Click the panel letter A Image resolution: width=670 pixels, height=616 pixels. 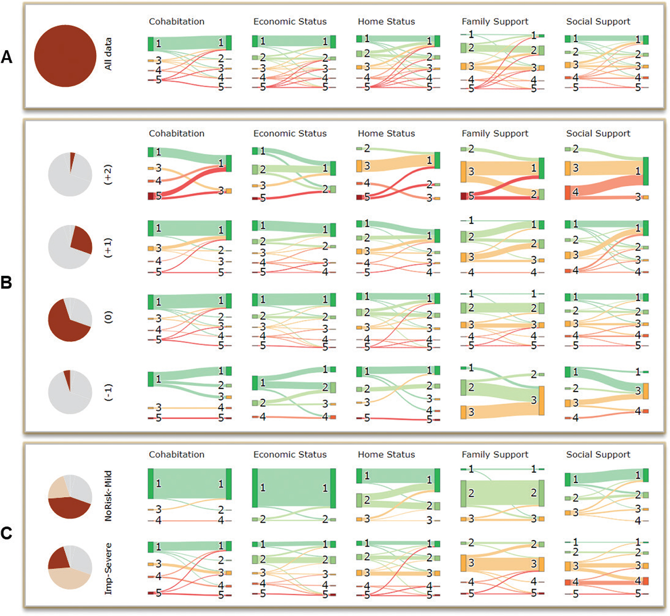(7, 57)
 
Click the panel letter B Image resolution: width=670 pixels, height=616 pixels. (7, 282)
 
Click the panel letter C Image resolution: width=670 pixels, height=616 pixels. (7, 533)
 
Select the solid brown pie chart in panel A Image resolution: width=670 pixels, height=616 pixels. (65, 56)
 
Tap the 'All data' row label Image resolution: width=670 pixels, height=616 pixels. (108, 54)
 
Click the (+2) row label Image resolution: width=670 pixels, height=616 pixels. (108, 175)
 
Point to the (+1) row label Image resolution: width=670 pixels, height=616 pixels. (108, 247)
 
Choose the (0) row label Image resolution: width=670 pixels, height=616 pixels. (108, 317)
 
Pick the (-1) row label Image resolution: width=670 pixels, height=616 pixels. (108, 392)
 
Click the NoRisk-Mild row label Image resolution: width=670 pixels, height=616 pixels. (108, 496)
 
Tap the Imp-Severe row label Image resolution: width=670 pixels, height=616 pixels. (108, 569)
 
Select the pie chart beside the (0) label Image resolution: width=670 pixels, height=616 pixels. (70, 319)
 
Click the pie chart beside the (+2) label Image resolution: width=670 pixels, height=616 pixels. (70, 174)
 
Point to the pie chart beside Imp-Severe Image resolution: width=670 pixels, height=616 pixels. (70, 567)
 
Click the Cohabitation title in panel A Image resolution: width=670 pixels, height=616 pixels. (177, 22)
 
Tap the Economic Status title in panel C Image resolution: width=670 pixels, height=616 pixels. (290, 454)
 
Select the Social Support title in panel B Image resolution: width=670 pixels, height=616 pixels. (598, 134)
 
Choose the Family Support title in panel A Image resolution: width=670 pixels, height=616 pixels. (495, 22)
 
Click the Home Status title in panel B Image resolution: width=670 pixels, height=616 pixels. (386, 134)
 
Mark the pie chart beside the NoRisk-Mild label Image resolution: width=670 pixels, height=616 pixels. (70, 496)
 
